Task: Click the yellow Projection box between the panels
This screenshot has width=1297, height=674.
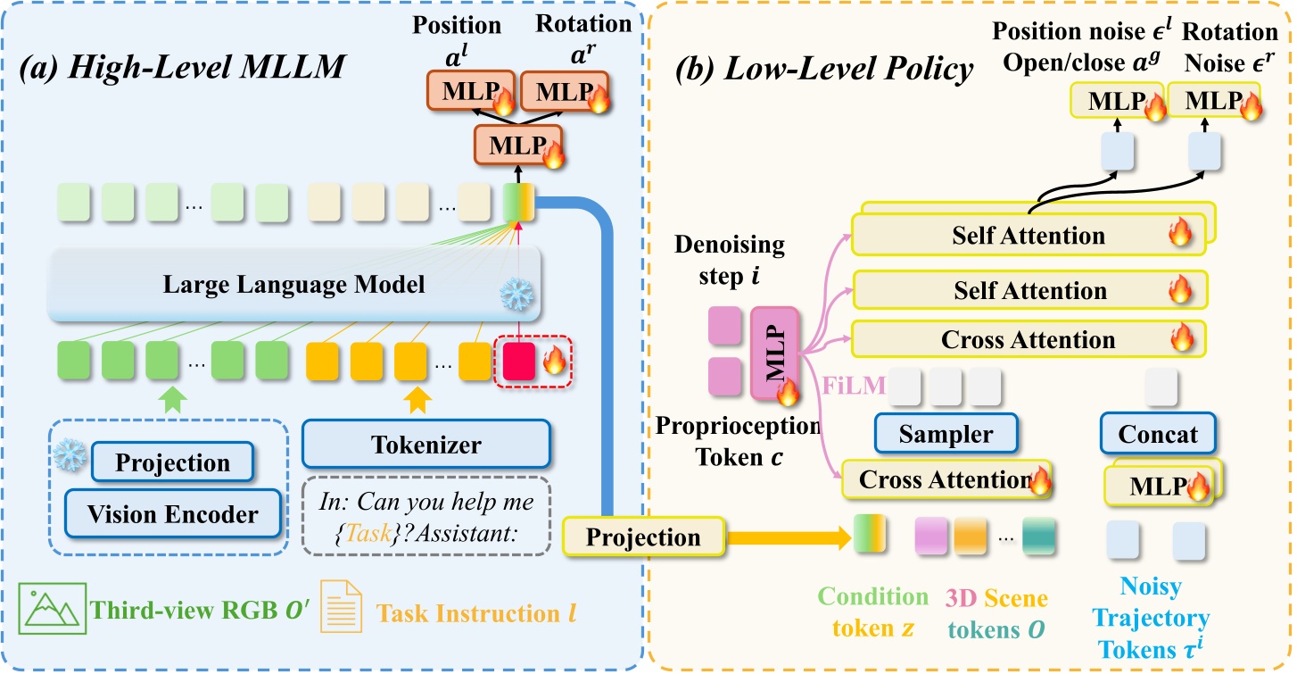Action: click(x=644, y=537)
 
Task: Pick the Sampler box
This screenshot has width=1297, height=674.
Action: click(x=946, y=434)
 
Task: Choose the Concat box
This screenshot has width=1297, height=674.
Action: click(x=1158, y=434)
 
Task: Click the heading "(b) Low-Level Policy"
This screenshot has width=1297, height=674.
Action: click(x=825, y=68)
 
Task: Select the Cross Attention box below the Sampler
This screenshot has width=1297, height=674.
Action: click(x=946, y=479)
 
